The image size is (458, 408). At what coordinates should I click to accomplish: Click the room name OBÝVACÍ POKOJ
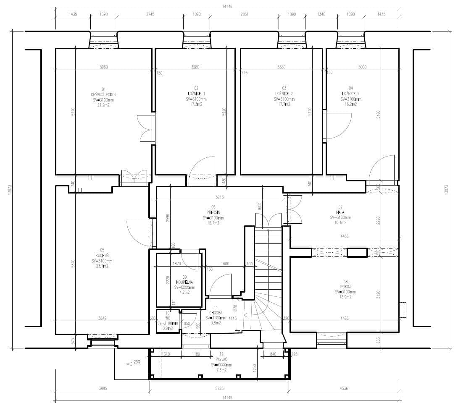pyautogui.click(x=103, y=94)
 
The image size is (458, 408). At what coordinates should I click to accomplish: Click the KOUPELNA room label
pyautogui.click(x=182, y=282)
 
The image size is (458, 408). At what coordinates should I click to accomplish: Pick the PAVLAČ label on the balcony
pyautogui.click(x=221, y=360)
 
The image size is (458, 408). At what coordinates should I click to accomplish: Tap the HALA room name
pyautogui.click(x=340, y=212)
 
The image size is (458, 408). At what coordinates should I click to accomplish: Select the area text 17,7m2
pyautogui.click(x=284, y=105)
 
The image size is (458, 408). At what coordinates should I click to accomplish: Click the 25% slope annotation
pyautogui.click(x=137, y=362)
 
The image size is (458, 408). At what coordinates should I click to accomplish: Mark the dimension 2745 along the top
pyautogui.click(x=150, y=14)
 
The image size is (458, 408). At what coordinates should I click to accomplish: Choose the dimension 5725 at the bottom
pyautogui.click(x=219, y=388)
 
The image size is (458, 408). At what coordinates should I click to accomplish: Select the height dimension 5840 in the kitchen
pyautogui.click(x=72, y=264)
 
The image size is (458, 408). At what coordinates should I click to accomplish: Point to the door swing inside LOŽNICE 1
pyautogui.click(x=202, y=168)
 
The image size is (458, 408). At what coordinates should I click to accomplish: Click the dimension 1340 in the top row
pyautogui.click(x=321, y=14)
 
